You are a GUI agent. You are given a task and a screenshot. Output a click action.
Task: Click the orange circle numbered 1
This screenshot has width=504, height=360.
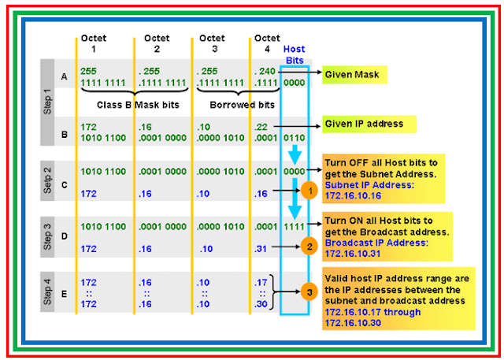[x=311, y=190]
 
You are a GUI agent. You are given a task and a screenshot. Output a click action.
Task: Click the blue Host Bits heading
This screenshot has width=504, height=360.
[x=294, y=54]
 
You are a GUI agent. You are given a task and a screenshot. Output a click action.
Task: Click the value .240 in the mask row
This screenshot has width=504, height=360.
[x=264, y=69]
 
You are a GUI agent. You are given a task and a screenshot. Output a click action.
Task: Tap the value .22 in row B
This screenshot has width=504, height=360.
[x=260, y=125]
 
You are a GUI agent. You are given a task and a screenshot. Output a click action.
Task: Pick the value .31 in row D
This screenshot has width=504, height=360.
[x=260, y=248]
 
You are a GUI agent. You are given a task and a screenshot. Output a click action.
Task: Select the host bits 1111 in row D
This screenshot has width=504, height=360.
[x=294, y=227]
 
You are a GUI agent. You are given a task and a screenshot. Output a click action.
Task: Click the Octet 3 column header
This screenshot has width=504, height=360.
[x=212, y=43]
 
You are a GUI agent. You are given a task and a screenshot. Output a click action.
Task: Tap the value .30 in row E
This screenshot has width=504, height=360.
[x=260, y=302]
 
